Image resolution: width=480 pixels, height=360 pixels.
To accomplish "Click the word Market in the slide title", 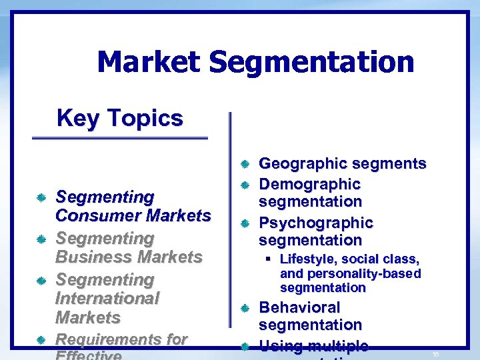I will tap(148, 63).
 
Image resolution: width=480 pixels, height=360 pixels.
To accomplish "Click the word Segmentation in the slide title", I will tap(311, 63).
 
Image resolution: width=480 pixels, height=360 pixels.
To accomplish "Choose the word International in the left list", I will tap(107, 298).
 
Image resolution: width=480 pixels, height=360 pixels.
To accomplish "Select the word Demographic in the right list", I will tap(309, 184).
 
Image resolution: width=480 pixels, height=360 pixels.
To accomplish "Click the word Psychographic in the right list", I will tap(316, 222).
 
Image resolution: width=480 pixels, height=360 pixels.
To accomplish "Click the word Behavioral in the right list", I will tap(299, 307).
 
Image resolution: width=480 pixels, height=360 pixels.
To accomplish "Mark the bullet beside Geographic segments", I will tap(245, 164).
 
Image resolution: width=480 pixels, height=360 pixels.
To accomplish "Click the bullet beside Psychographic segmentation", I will tap(245, 223).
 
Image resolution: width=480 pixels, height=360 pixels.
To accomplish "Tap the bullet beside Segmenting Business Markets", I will tap(41, 239).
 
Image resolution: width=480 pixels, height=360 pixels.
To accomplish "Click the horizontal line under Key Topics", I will tap(120, 138).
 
